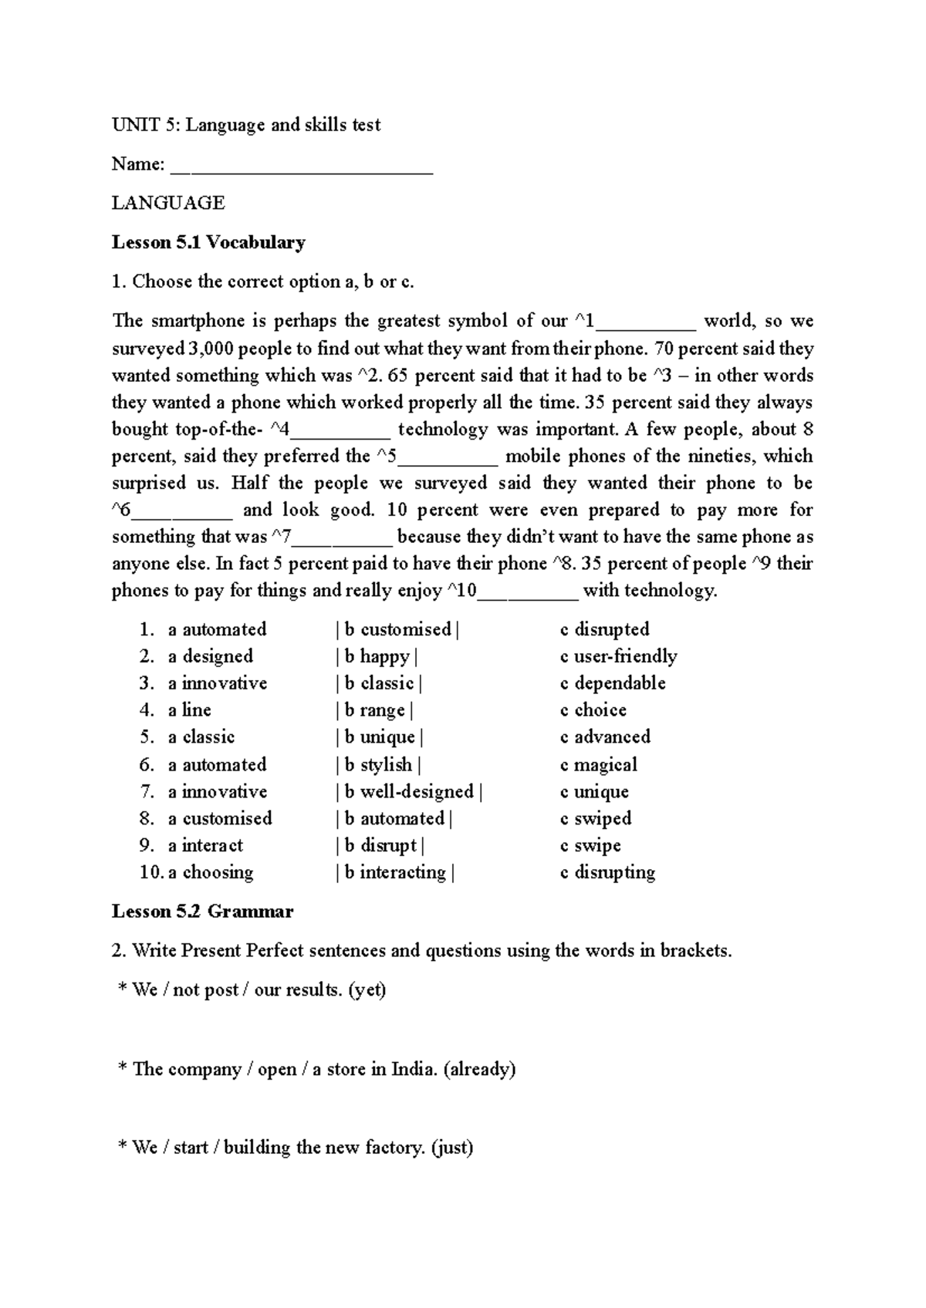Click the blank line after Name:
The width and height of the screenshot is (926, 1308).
[x=301, y=165]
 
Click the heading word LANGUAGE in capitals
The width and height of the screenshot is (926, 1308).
[x=168, y=203]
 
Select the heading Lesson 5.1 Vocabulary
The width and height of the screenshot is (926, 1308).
[x=208, y=242]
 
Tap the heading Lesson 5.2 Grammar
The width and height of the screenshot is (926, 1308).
[x=202, y=912]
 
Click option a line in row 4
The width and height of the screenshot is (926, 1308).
[x=189, y=710]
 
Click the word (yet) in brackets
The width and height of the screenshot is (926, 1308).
[x=367, y=989]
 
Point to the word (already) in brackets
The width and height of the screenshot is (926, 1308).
[x=480, y=1069]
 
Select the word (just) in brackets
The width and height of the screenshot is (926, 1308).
[x=452, y=1148]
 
